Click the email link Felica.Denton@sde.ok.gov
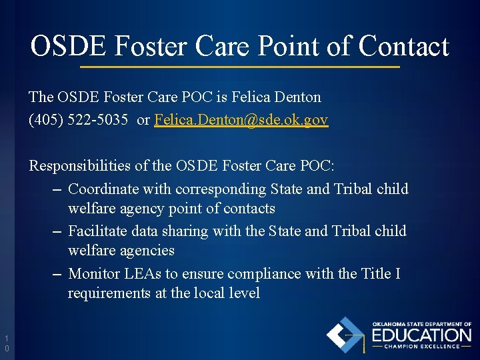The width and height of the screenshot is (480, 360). [241, 120]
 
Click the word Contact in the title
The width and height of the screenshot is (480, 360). [403, 47]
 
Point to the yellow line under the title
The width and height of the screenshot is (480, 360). [240, 67]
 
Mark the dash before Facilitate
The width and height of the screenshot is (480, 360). [57, 232]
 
